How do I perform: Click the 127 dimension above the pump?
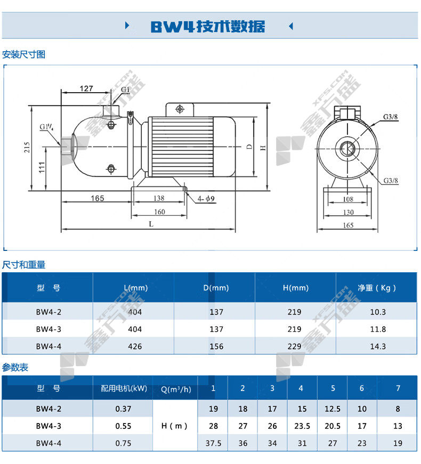(86, 88)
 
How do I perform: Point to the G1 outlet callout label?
(125, 89)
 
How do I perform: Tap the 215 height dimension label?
(27, 148)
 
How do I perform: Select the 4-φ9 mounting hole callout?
(206, 199)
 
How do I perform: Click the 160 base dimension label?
(159, 212)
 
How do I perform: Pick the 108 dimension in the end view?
(348, 199)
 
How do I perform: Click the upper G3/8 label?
(390, 117)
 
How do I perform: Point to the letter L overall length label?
(151, 224)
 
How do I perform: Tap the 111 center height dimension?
(42, 167)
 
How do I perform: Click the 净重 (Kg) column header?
(377, 288)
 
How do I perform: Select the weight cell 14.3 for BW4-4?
(378, 346)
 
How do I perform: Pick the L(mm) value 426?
(135, 346)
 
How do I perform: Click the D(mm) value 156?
(216, 346)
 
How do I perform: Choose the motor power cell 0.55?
(123, 426)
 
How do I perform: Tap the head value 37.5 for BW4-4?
(214, 443)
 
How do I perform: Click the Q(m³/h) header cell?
(176, 389)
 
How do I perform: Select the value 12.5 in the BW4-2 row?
(333, 409)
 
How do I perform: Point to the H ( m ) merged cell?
(174, 426)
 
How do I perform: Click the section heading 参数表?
(15, 368)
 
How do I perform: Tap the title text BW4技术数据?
(208, 26)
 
